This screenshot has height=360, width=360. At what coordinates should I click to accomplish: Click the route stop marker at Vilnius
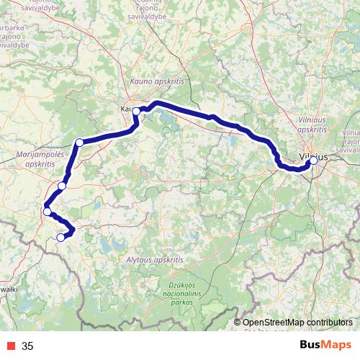(313, 161)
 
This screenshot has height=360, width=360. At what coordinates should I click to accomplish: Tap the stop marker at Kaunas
(136, 111)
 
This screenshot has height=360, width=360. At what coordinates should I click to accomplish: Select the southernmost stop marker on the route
(60, 237)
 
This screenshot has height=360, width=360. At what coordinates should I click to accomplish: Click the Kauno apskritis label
(157, 83)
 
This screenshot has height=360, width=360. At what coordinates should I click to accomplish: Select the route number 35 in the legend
(27, 346)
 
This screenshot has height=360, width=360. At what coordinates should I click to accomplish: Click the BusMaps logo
(325, 346)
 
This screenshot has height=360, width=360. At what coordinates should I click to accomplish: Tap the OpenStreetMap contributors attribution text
(297, 323)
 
